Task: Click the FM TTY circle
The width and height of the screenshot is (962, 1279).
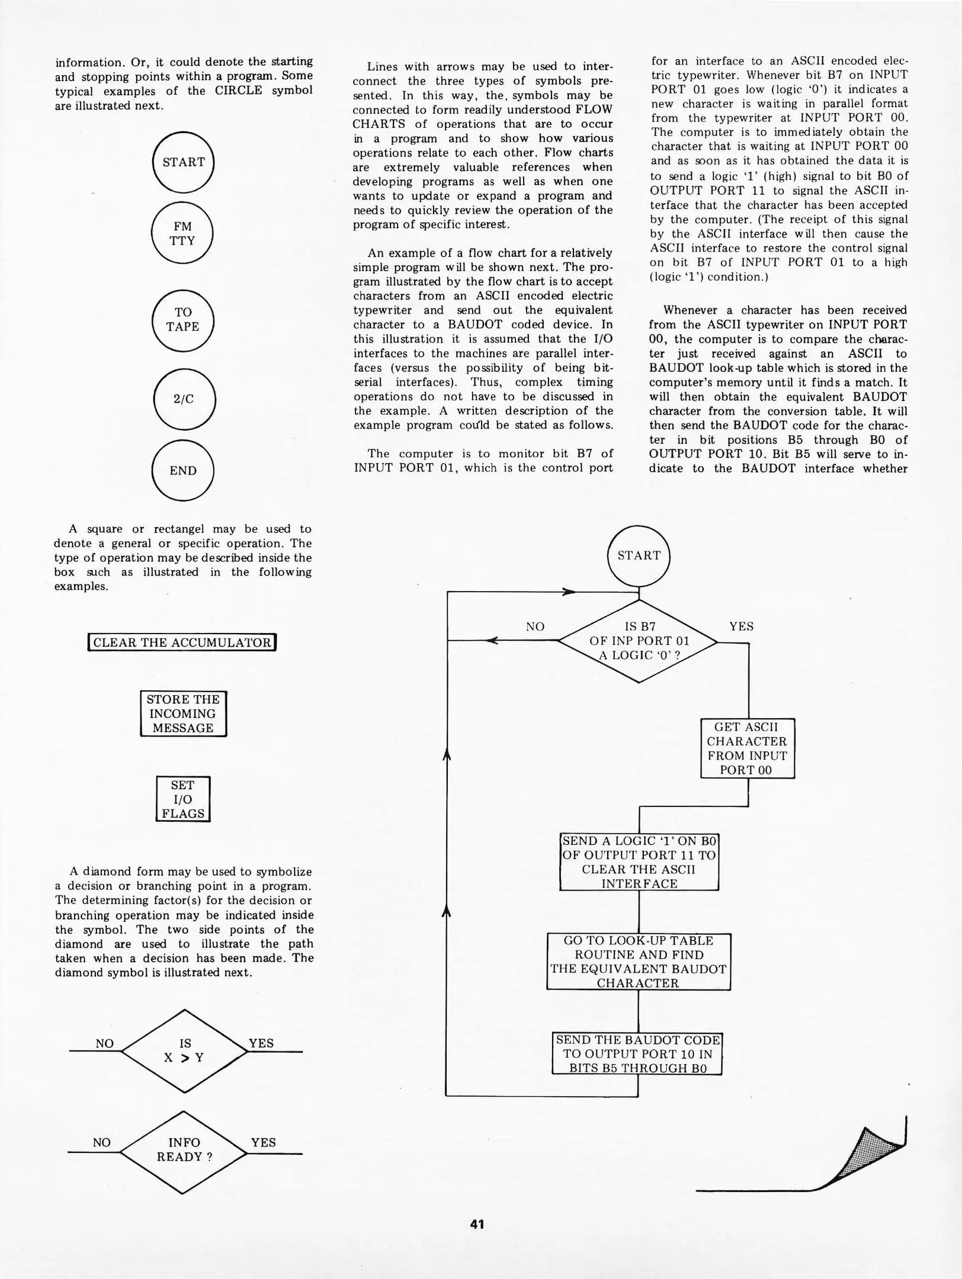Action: (x=182, y=233)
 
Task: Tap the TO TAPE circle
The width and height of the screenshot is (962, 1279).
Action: (x=182, y=320)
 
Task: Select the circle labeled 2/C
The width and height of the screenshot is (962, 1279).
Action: (x=184, y=399)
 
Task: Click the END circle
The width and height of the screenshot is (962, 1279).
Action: (x=182, y=471)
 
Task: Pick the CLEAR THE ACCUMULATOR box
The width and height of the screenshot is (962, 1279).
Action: (x=182, y=642)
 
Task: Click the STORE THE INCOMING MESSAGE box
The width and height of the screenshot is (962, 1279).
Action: (x=183, y=714)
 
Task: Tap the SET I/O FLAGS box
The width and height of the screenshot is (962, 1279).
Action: (x=183, y=799)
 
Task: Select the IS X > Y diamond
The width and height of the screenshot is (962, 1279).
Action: (x=184, y=1051)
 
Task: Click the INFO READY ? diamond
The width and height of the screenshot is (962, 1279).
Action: (x=184, y=1150)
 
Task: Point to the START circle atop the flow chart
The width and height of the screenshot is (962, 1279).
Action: (x=639, y=555)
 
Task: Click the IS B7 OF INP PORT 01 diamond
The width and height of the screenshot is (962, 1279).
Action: (x=639, y=641)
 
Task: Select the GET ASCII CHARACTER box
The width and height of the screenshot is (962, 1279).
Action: (x=747, y=748)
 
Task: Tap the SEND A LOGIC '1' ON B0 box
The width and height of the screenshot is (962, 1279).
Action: (x=639, y=862)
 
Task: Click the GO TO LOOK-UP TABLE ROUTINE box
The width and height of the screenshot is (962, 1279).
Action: (x=638, y=962)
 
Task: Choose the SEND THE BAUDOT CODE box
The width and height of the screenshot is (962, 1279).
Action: (x=637, y=1054)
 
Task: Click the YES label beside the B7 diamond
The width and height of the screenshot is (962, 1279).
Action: (x=741, y=626)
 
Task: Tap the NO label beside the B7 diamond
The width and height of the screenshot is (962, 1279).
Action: (x=535, y=626)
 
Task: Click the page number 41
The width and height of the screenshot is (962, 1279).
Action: (x=477, y=1224)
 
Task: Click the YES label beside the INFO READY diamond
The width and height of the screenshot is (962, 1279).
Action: (x=263, y=1142)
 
